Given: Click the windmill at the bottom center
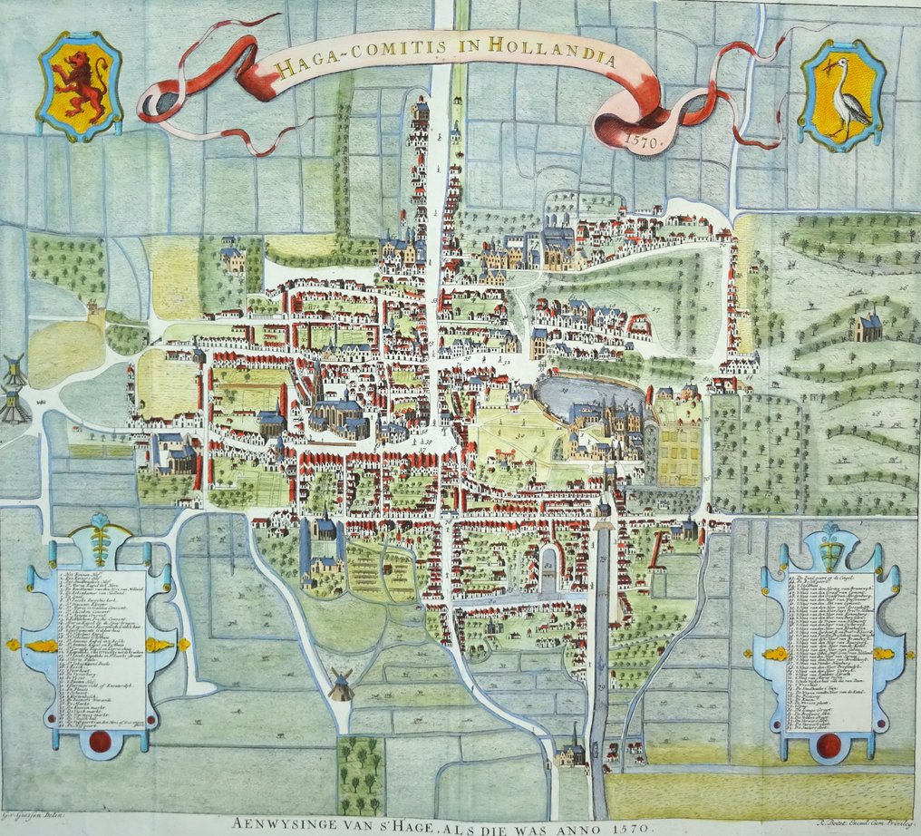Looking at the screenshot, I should [340, 685].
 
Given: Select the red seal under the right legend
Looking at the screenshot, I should [827, 745].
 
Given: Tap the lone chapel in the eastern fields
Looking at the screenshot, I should [867, 326].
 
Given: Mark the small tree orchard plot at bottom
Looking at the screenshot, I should [362, 774].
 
